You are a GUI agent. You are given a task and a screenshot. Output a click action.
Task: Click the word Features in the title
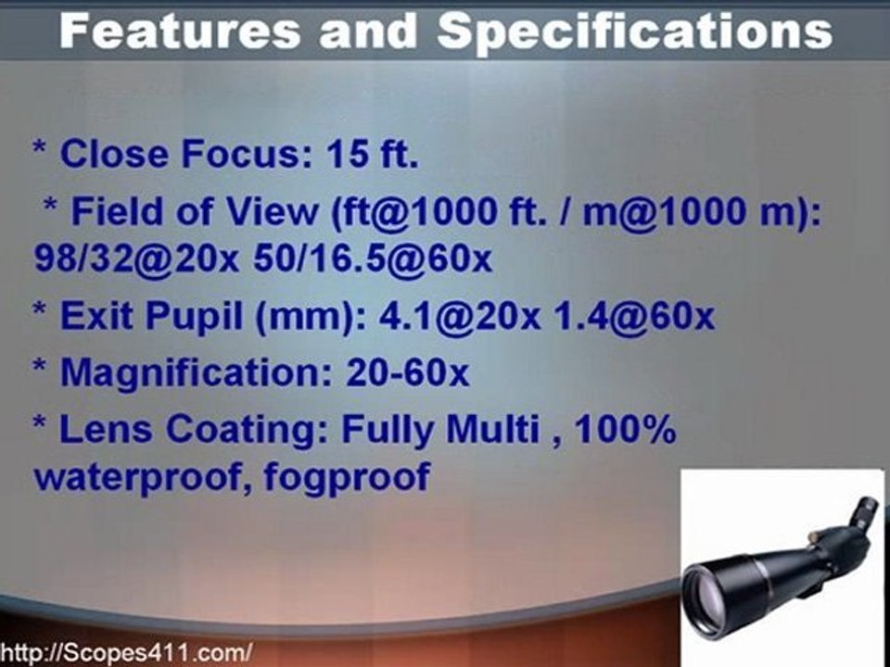[x=182, y=32]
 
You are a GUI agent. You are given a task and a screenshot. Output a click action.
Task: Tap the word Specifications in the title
[x=634, y=32]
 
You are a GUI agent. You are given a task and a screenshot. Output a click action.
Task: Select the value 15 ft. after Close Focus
[x=372, y=154]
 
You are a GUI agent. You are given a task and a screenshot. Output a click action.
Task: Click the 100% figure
[x=630, y=432]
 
